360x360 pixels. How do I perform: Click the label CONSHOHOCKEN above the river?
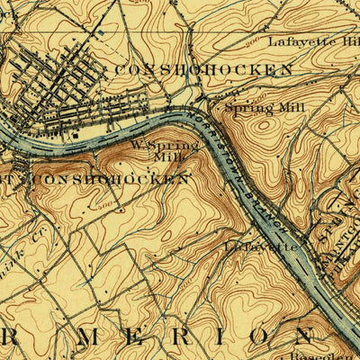coord(202,69)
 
